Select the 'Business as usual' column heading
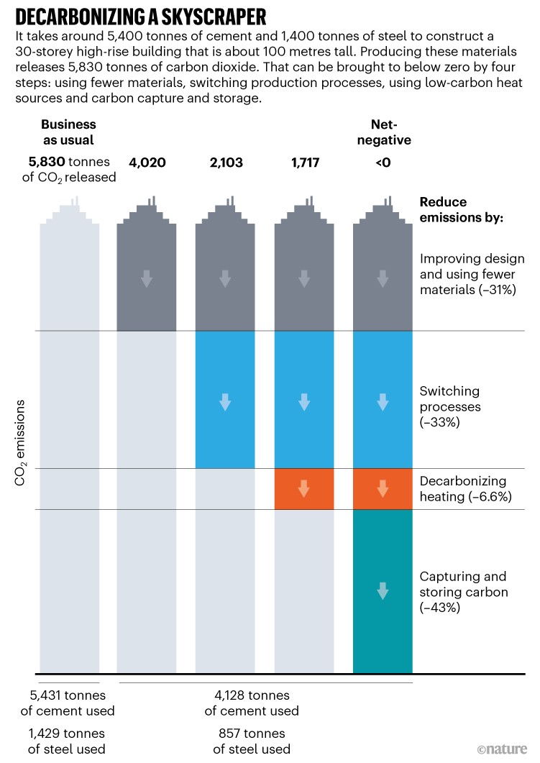(68, 132)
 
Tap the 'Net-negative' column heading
(383, 132)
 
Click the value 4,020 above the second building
(147, 163)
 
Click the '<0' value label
(383, 163)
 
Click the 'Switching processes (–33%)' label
(449, 408)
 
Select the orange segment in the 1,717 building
(304, 489)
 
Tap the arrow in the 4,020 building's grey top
(147, 279)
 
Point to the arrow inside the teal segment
(383, 591)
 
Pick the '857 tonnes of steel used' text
(252, 741)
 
